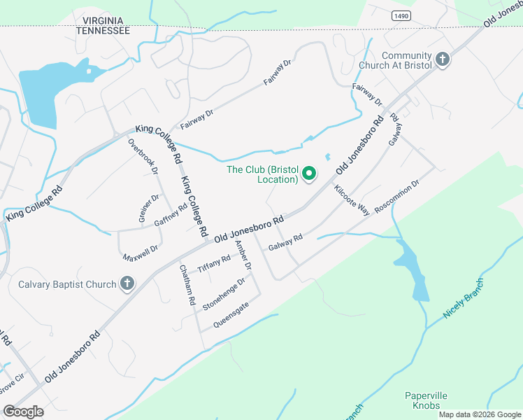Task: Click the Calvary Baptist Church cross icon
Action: pyautogui.click(x=127, y=283)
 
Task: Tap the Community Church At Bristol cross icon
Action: pyautogui.click(x=442, y=60)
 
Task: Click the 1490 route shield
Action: pyautogui.click(x=401, y=15)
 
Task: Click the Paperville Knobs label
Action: pyautogui.click(x=426, y=400)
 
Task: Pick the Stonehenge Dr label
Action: pyautogui.click(x=224, y=295)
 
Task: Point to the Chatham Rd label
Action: pyautogui.click(x=187, y=284)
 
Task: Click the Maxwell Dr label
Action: pyautogui.click(x=141, y=253)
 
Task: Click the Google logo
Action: pyautogui.click(x=23, y=412)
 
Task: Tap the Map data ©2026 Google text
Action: pyautogui.click(x=478, y=414)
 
